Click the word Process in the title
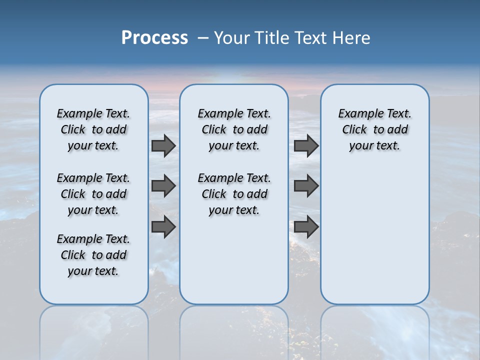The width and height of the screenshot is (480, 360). point(154,37)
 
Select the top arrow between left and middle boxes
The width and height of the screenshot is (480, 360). point(163,145)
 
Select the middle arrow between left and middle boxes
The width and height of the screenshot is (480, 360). point(163,186)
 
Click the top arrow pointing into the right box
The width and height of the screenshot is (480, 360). point(306,145)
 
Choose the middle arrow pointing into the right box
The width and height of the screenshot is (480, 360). point(306,186)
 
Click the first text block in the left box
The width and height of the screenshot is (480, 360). point(93,129)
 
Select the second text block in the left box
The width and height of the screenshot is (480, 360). point(93,194)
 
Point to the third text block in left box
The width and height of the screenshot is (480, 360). point(93,255)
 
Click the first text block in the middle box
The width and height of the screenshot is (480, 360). point(234,129)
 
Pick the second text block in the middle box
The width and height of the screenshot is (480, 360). point(234,194)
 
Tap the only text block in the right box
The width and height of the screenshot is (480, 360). point(374,129)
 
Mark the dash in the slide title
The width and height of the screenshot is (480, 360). point(203,37)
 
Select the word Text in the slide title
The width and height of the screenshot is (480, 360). point(311,37)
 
